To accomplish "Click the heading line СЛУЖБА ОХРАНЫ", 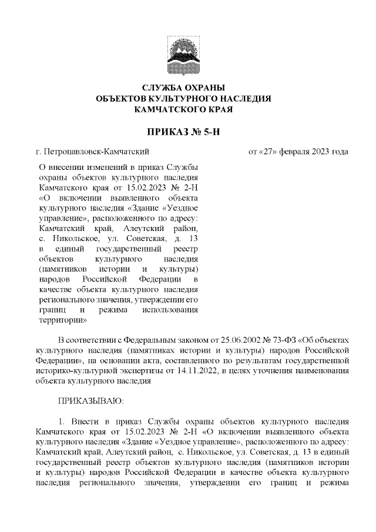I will (x=187, y=88).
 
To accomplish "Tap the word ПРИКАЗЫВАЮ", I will (x=89, y=401).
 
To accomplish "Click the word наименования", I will (x=323, y=370).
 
